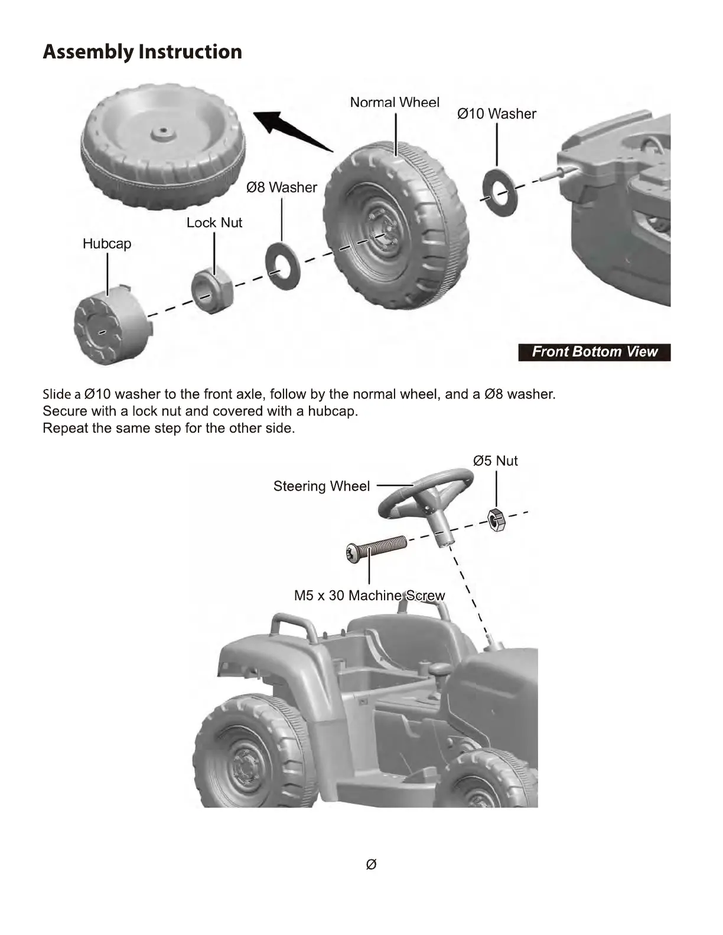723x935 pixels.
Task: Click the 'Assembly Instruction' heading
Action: (142, 52)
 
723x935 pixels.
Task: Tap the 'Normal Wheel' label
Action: (395, 102)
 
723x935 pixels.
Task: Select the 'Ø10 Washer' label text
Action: (496, 113)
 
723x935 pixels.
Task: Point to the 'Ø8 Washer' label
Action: (282, 187)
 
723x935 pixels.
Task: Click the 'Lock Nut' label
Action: (214, 223)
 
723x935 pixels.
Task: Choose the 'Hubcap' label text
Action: (107, 243)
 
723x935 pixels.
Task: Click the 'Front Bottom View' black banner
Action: (594, 352)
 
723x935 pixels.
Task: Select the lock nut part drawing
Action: (212, 290)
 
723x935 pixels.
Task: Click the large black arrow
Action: (292, 130)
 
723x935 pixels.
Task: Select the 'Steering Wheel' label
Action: (321, 486)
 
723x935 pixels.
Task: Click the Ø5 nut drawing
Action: (496, 519)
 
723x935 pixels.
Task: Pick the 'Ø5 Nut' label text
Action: (495, 460)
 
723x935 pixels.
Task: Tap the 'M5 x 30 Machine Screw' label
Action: (369, 596)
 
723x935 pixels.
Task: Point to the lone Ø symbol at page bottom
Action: (371, 864)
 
